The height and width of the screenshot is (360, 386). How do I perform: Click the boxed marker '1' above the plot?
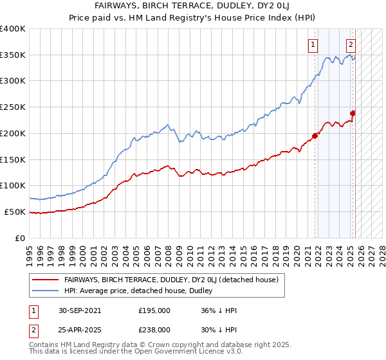[313, 45]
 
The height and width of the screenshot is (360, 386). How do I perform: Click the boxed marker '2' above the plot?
[351, 45]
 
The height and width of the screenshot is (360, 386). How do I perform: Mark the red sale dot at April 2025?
[353, 113]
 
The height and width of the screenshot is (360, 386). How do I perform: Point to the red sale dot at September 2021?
[315, 136]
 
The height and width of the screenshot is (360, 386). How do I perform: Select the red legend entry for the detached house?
[170, 280]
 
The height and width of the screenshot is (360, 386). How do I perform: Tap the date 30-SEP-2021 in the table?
[80, 310]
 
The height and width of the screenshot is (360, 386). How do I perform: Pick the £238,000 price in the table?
[154, 330]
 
